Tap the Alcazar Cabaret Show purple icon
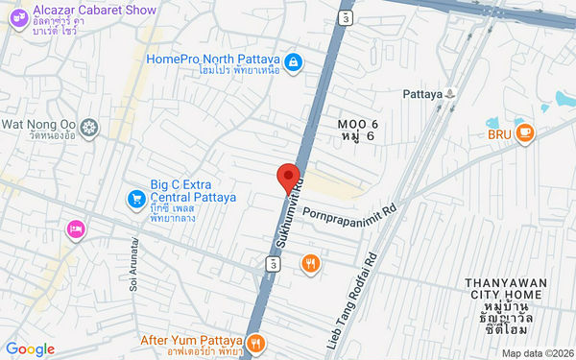[x=18, y=19]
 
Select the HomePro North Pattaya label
[x=213, y=59]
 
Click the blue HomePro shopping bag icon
[x=296, y=63]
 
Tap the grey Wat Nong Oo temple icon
[x=89, y=127]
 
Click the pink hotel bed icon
[x=75, y=228]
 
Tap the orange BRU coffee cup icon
[x=524, y=133]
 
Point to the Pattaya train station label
[x=423, y=94]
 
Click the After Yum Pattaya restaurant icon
[x=255, y=341]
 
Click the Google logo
[x=30, y=348]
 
